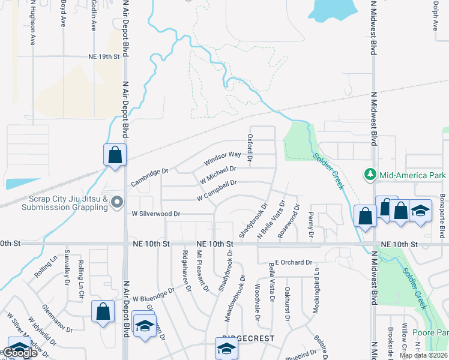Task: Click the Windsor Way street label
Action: tap(222, 158)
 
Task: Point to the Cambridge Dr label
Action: tap(149, 178)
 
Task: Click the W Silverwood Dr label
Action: tap(156, 214)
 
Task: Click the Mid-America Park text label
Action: tap(412, 175)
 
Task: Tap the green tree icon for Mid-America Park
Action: tap(370, 175)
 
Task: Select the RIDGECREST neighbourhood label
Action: tap(248, 339)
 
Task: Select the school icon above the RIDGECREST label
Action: tap(226, 348)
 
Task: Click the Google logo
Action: tap(19, 353)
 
